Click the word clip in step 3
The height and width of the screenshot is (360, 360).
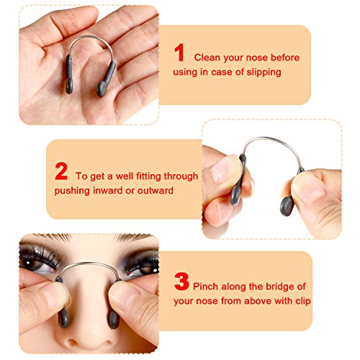point(301,300)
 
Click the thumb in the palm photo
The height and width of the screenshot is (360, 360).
point(43,29)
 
